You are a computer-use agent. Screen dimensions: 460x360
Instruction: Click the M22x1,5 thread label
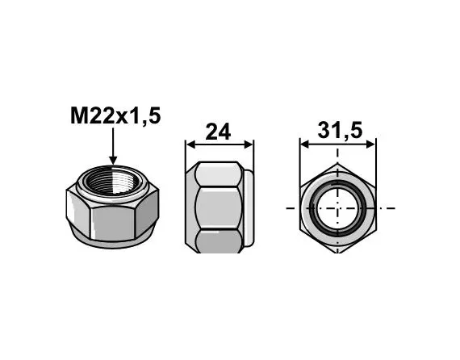click(115, 116)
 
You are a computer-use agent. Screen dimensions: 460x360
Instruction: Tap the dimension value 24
click(218, 132)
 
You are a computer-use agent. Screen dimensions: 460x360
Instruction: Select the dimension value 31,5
click(340, 131)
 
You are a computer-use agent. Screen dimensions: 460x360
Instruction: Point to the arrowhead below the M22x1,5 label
click(113, 160)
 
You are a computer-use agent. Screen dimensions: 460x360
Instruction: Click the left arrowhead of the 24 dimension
click(191, 144)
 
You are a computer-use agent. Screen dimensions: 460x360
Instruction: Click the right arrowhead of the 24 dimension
click(249, 144)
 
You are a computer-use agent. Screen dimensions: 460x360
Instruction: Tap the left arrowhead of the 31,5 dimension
click(306, 144)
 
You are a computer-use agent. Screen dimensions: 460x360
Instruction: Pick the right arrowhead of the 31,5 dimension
click(370, 144)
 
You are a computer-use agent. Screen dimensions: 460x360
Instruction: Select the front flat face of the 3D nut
click(112, 223)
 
